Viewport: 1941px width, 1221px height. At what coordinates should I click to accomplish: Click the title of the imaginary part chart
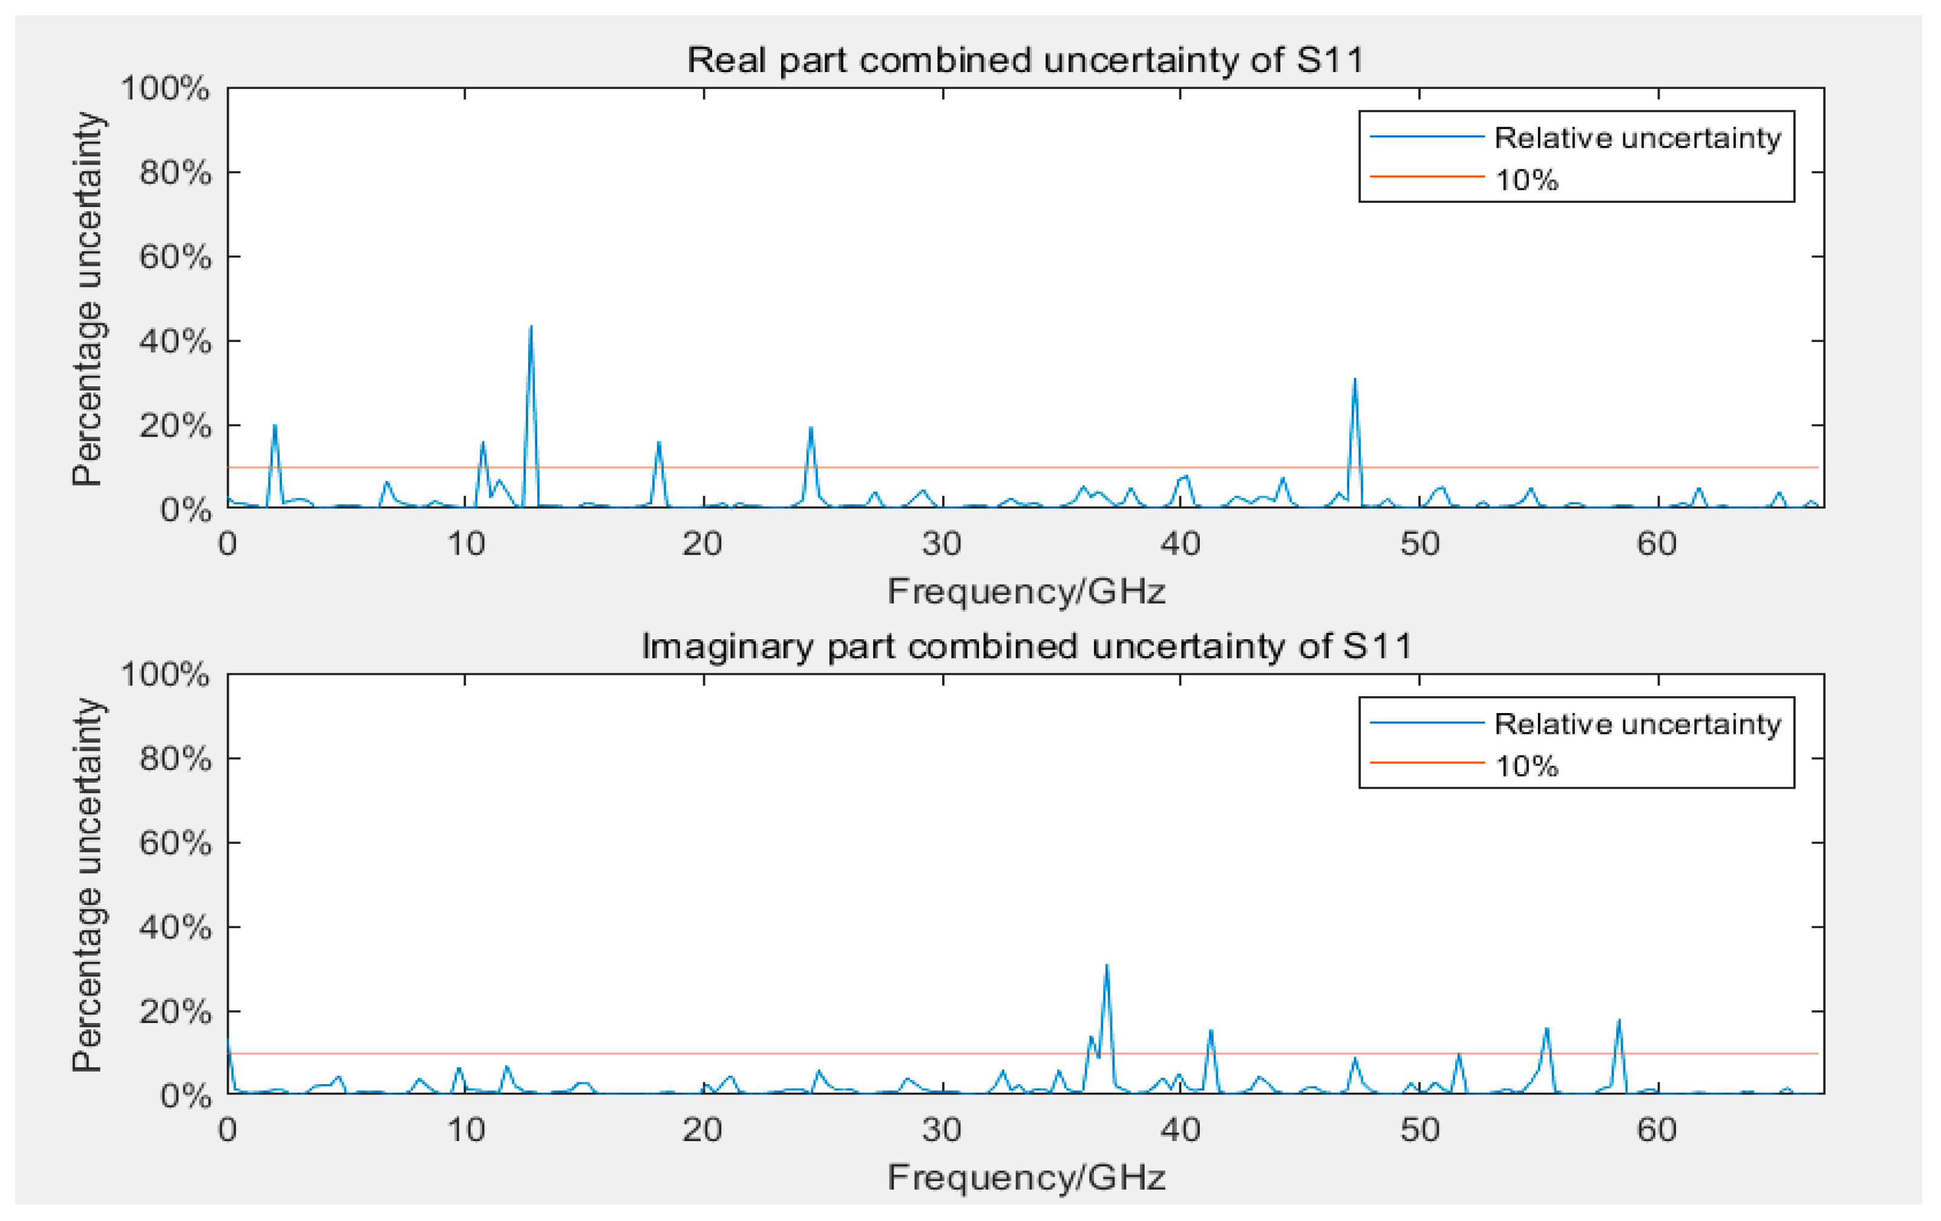(1026, 647)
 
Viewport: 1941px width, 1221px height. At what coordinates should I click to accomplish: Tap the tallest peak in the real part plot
(531, 327)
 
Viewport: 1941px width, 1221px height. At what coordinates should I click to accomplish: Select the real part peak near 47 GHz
(1354, 379)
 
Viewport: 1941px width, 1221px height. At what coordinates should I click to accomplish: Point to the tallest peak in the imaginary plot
(1107, 966)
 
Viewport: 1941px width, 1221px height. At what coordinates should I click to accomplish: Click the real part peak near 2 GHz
(275, 425)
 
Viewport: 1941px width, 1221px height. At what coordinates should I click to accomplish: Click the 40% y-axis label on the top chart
(175, 342)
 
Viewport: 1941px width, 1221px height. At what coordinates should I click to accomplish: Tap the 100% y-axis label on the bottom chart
(165, 674)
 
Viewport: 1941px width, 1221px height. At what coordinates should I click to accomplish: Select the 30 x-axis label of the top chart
(941, 544)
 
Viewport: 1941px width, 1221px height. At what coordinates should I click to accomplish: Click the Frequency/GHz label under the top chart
(1026, 591)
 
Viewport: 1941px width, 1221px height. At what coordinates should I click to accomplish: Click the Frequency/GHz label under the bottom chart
(1026, 1177)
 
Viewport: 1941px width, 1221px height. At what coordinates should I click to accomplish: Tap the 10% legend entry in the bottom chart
(1526, 765)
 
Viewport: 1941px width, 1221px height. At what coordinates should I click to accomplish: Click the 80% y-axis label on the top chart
(175, 173)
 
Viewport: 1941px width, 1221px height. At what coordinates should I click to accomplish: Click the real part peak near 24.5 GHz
(811, 427)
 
